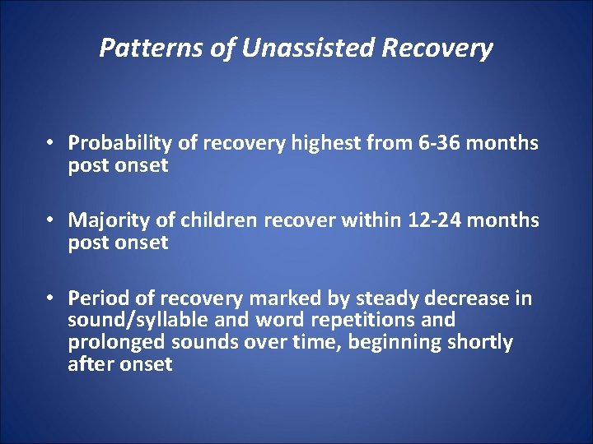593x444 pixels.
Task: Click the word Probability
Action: pos(120,144)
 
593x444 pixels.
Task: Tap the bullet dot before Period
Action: pos(51,298)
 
